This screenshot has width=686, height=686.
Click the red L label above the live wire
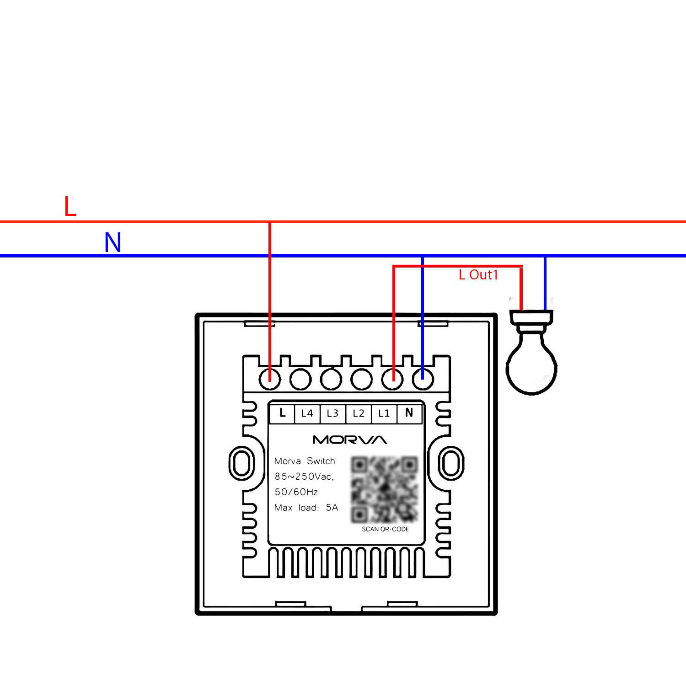[x=70, y=206]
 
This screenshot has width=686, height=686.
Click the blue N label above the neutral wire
[x=113, y=242]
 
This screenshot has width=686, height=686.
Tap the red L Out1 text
[x=478, y=274]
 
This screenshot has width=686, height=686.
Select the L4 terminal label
[x=307, y=413]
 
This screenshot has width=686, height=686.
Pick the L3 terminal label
[x=332, y=413]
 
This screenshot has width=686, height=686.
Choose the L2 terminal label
[x=359, y=413]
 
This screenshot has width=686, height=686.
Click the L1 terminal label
[x=384, y=413]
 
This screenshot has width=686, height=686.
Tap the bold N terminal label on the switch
[x=409, y=413]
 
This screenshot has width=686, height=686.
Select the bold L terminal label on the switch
[x=282, y=413]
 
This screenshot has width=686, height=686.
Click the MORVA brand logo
[x=350, y=440]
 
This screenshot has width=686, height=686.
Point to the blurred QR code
[x=385, y=489]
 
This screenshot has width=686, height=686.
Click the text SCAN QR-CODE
[x=385, y=529]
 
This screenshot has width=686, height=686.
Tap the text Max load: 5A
[x=306, y=508]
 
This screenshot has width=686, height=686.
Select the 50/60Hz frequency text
[x=296, y=492]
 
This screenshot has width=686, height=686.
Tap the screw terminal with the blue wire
[x=423, y=379]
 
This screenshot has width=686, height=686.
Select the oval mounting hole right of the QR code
[x=451, y=463]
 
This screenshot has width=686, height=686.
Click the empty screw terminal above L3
[x=331, y=379]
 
